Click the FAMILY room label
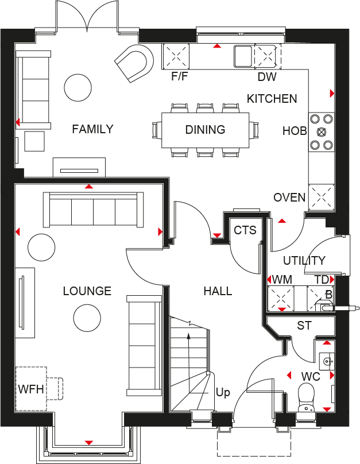click(x=92, y=129)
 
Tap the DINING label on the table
click(x=205, y=130)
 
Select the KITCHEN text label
click(x=272, y=99)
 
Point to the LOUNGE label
click(x=87, y=291)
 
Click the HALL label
click(x=218, y=291)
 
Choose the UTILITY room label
click(x=304, y=260)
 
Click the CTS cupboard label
click(x=245, y=230)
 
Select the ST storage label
click(x=304, y=326)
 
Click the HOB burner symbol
click(x=321, y=132)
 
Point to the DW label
click(x=266, y=77)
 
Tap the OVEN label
click(x=289, y=198)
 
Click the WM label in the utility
click(x=281, y=280)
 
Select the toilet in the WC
click(x=305, y=397)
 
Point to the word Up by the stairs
click(x=223, y=393)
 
